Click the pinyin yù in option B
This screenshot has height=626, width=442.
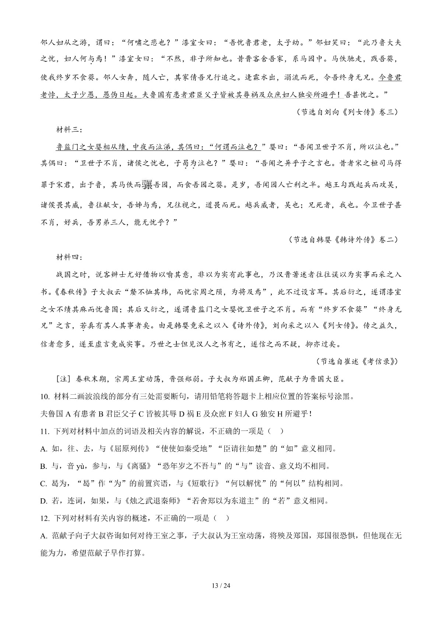pyautogui.click(x=80, y=466)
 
